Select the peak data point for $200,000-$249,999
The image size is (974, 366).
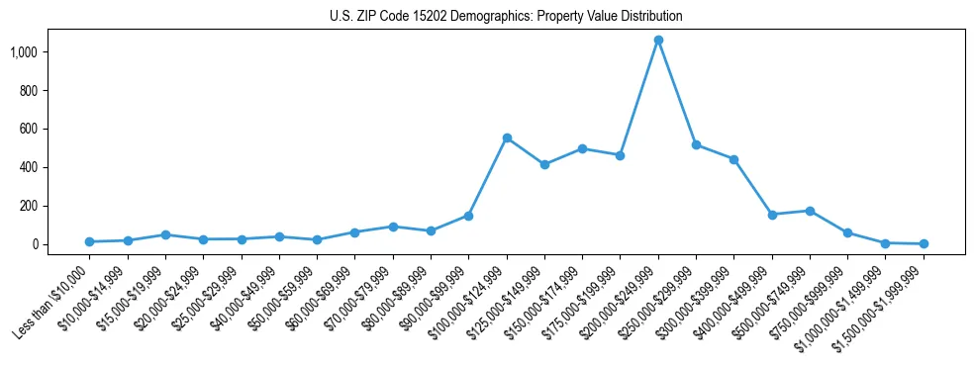(x=658, y=41)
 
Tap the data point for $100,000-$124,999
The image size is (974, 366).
(x=507, y=137)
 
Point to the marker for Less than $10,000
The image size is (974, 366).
(x=89, y=241)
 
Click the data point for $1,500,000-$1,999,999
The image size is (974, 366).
(x=924, y=243)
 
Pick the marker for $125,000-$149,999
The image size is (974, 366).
(x=544, y=164)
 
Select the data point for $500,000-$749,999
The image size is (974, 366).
(x=810, y=211)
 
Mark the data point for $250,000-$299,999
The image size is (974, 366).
(x=696, y=144)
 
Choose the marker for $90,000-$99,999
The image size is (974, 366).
(x=468, y=216)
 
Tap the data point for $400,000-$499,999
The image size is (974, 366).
(x=772, y=215)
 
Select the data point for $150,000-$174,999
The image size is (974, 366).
(x=582, y=148)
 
